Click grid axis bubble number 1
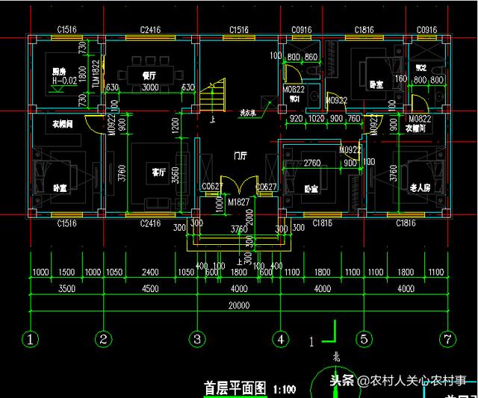(31, 340)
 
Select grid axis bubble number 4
(280, 340)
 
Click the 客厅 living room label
(158, 172)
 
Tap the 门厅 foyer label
(240, 155)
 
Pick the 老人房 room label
(420, 188)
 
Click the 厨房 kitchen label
(49, 72)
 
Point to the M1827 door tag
(239, 202)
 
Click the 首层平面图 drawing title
(235, 388)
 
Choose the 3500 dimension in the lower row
(66, 289)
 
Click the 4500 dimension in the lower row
(150, 289)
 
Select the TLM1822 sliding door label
(96, 75)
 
